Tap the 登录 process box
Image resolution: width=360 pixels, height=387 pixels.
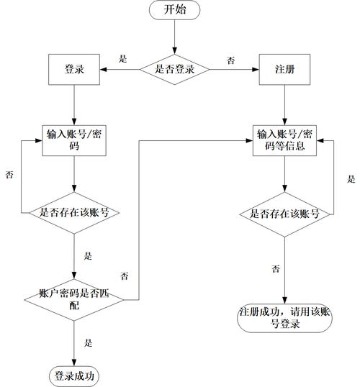[x=74, y=70]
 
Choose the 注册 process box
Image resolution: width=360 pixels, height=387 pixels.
[x=284, y=70]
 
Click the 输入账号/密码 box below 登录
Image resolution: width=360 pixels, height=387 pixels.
[x=74, y=140]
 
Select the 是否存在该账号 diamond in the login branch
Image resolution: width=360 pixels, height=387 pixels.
[x=74, y=213]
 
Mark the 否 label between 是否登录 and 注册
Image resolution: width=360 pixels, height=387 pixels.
[x=230, y=60]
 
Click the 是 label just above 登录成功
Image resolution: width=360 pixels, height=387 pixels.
[x=89, y=342]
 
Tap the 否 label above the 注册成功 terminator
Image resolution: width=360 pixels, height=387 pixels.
[x=276, y=269]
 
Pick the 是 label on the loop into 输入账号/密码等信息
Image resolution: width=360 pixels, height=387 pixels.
[x=351, y=179]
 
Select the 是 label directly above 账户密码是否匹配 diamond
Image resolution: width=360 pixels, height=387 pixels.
[x=89, y=255]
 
